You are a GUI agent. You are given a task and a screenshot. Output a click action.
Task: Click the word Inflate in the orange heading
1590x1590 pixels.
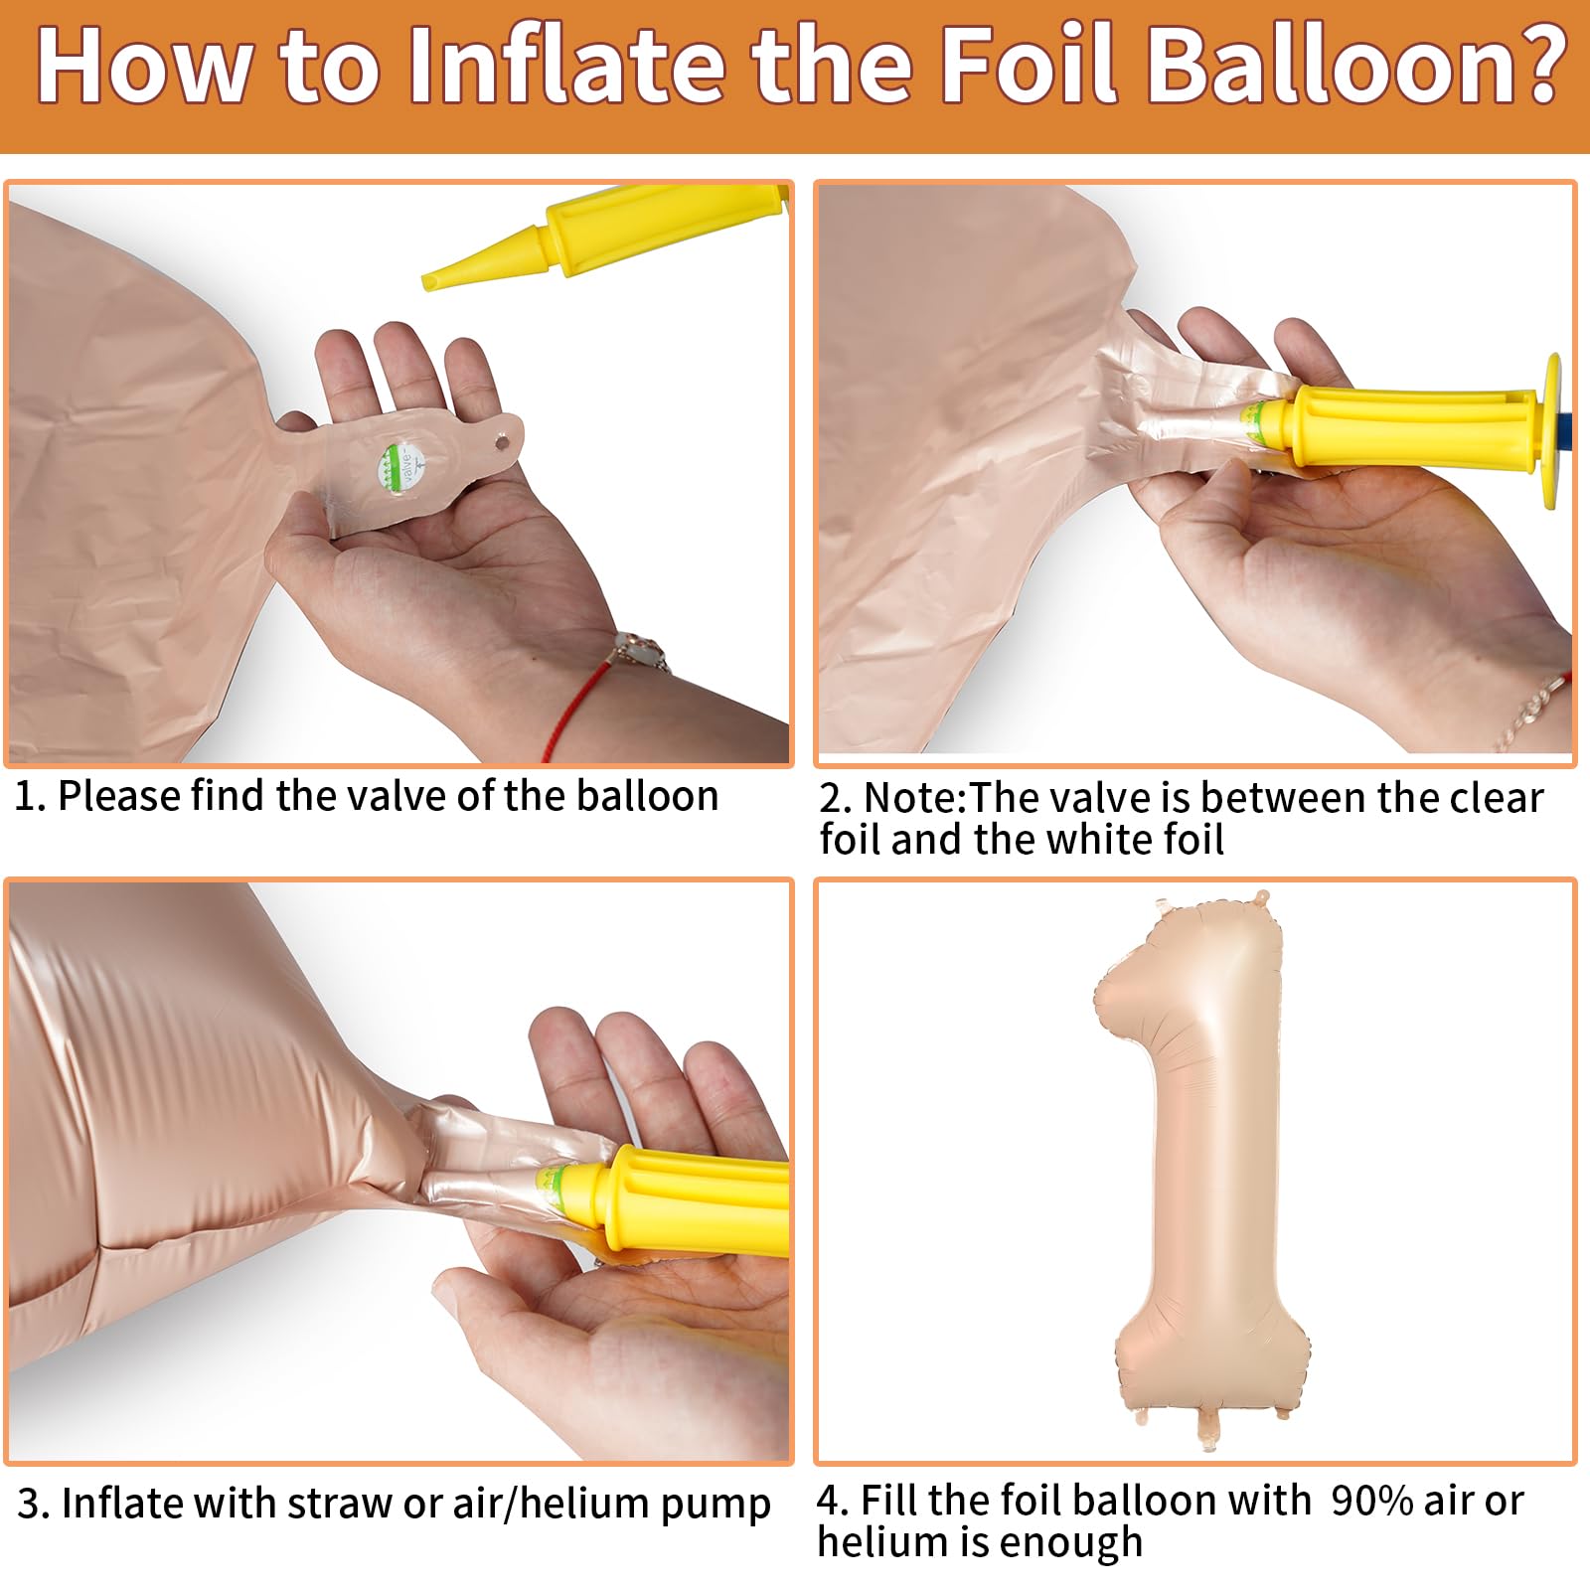tap(567, 66)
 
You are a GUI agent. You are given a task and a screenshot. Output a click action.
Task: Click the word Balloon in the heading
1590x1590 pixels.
tap(1324, 66)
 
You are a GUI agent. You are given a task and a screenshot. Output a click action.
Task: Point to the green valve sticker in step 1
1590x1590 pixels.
tap(401, 464)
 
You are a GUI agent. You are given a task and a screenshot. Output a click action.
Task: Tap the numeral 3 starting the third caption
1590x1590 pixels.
tap(28, 1504)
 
